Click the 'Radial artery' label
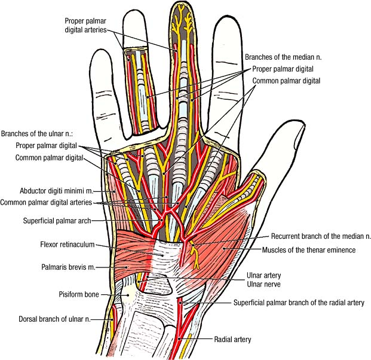pos(232,339)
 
